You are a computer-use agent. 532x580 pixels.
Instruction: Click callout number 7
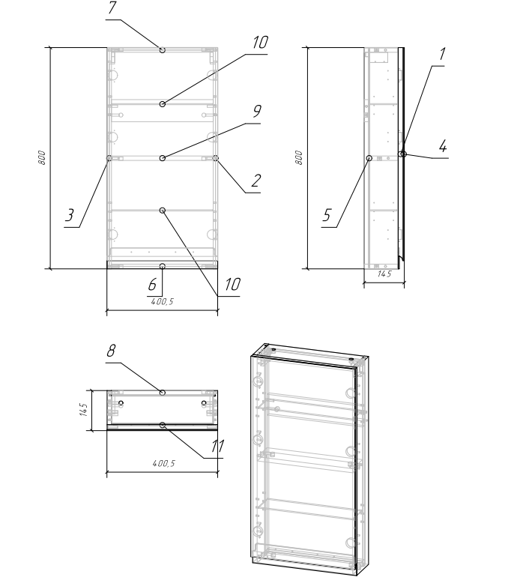click(x=112, y=8)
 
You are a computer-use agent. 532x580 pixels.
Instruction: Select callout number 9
click(x=257, y=111)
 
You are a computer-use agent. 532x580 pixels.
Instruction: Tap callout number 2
click(x=256, y=181)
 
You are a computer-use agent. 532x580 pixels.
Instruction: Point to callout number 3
click(x=70, y=215)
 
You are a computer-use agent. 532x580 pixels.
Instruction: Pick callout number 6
click(x=152, y=285)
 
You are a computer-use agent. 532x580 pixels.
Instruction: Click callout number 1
click(x=442, y=54)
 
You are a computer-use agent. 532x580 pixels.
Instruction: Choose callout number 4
click(x=443, y=146)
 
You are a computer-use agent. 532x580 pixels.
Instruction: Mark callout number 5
click(x=327, y=215)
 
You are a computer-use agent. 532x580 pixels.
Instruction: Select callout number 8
click(x=111, y=351)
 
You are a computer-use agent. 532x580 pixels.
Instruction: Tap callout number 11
click(x=217, y=447)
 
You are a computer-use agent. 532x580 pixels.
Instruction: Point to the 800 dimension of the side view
click(x=299, y=158)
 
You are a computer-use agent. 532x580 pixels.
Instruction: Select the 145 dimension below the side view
click(x=384, y=274)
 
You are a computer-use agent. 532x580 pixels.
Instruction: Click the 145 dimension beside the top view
click(x=84, y=410)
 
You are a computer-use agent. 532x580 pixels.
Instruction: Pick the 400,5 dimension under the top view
click(x=163, y=464)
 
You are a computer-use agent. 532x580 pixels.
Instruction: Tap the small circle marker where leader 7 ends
click(x=163, y=49)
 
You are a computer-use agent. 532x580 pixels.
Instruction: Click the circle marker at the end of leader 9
click(x=163, y=158)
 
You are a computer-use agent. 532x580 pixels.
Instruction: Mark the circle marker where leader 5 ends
click(x=369, y=158)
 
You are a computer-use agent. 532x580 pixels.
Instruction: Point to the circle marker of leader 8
click(x=163, y=393)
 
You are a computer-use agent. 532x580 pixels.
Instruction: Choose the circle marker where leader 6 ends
click(x=163, y=266)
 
